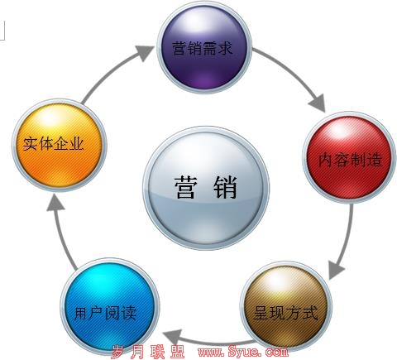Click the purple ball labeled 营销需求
click(x=204, y=47)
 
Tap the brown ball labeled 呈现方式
click(x=286, y=306)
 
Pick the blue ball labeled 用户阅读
click(x=110, y=307)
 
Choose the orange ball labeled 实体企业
click(x=59, y=145)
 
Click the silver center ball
click(x=206, y=188)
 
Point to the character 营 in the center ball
click(x=186, y=187)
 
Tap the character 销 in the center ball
click(x=226, y=187)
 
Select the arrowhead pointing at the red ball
click(x=318, y=103)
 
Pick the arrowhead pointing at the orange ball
click(x=55, y=202)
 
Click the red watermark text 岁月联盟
click(x=148, y=352)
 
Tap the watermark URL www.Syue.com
click(x=243, y=351)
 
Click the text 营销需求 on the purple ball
click(x=203, y=49)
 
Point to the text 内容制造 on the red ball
click(x=350, y=160)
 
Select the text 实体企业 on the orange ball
click(x=53, y=144)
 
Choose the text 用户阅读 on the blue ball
click(x=106, y=313)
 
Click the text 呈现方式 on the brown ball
click(x=285, y=313)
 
